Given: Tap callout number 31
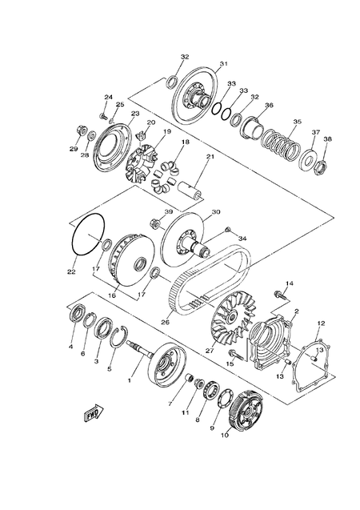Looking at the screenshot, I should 224,64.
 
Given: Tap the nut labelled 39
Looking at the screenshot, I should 156,222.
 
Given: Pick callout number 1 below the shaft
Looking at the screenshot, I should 129,381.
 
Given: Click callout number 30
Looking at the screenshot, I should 215,213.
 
